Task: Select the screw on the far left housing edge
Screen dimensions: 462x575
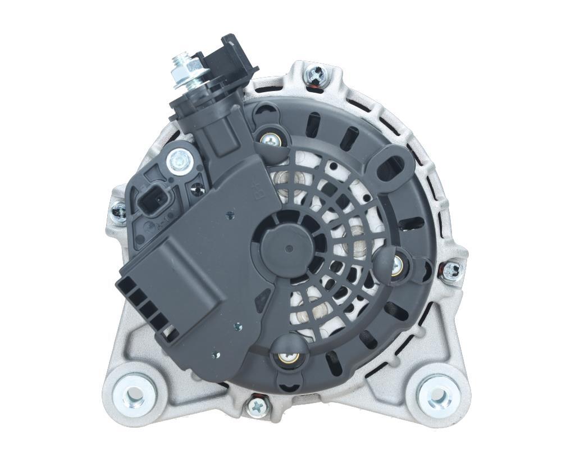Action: [x=119, y=212]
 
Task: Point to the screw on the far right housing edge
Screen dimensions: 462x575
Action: [x=451, y=271]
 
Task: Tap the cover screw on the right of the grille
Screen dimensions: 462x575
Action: [x=396, y=264]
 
